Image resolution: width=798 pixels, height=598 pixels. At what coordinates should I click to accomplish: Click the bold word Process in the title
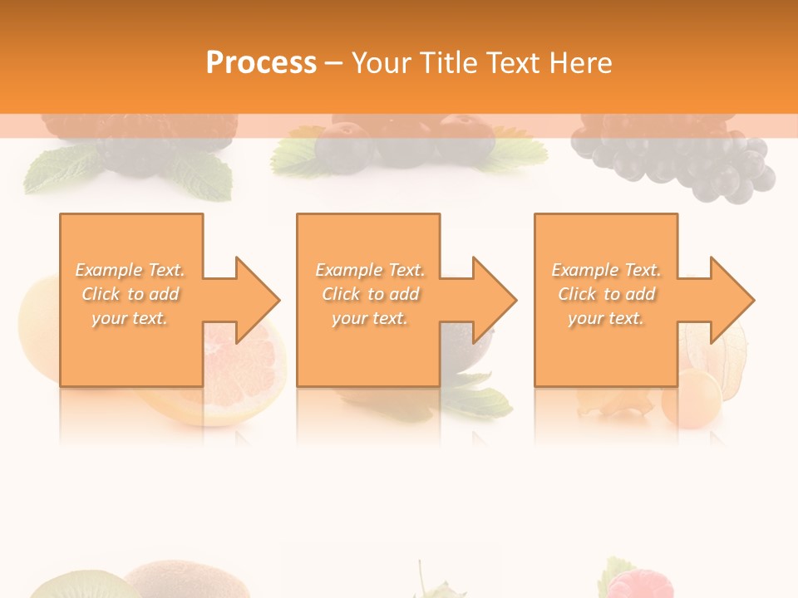(261, 63)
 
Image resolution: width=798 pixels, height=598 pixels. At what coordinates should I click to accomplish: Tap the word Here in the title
(579, 63)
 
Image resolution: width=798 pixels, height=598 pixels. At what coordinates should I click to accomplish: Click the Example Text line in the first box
(131, 270)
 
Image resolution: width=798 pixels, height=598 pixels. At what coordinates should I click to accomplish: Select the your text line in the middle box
(370, 318)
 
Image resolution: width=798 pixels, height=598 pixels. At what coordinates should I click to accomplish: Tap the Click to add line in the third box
(606, 294)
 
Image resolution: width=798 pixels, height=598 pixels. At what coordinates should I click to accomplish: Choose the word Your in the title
(382, 63)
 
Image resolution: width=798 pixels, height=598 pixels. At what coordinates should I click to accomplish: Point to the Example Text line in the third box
(606, 270)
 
